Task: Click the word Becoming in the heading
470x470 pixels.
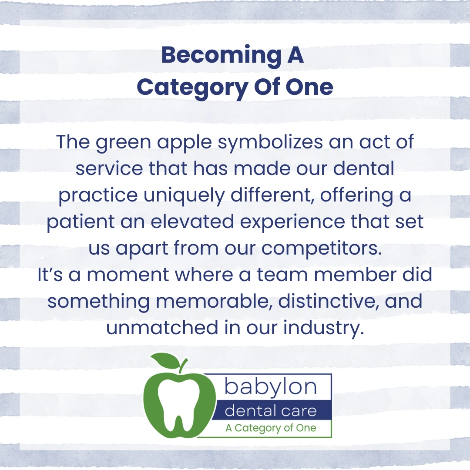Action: pos(221,56)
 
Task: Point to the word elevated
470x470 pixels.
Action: pos(192,222)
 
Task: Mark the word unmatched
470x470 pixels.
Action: pos(162,328)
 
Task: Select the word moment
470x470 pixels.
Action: pos(128,275)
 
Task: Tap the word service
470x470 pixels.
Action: pos(109,169)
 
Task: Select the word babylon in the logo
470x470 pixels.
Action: pos(270,387)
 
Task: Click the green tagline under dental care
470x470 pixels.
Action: pos(271,428)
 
